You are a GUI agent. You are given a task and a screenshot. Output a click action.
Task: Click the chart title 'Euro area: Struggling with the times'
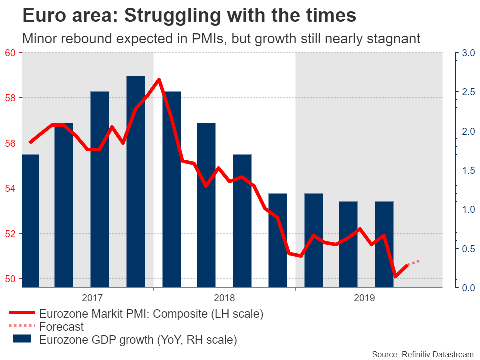point(189,16)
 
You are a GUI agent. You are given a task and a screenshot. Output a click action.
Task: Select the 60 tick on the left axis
point(10,53)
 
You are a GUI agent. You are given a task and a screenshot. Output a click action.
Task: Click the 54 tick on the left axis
point(10,188)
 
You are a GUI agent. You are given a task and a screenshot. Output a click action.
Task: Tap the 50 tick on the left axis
point(10,279)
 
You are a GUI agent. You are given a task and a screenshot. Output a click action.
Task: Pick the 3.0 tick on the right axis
point(468,53)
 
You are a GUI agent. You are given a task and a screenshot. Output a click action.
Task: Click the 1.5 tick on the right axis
point(468,171)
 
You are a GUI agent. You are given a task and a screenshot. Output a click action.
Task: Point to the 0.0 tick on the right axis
point(468,288)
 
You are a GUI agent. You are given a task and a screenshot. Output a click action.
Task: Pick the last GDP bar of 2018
point(278,240)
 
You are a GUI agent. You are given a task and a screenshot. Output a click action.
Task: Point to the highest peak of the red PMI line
point(159,79)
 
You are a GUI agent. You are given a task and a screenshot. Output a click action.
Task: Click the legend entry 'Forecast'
point(61,327)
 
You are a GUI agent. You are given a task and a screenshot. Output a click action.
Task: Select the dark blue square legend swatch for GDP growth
point(22,339)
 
